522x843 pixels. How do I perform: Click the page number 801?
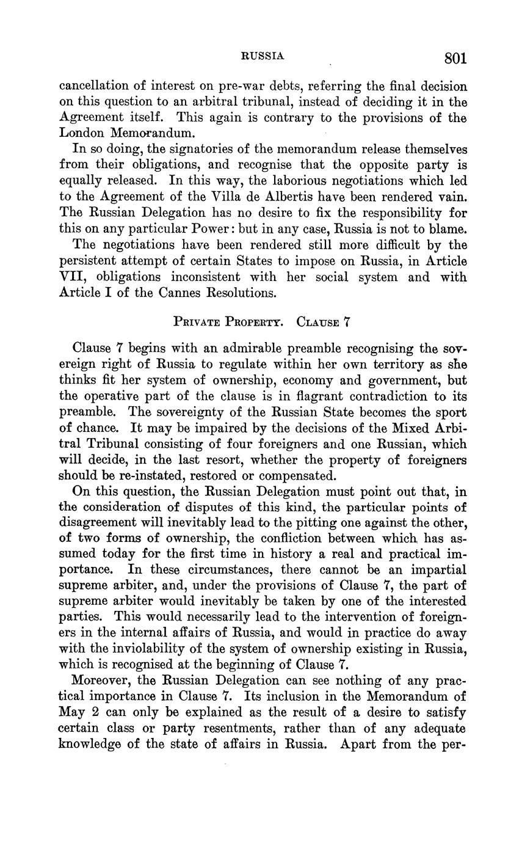[455, 58]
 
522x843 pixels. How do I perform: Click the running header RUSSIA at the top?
[263, 56]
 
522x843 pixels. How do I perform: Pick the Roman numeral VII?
[74, 276]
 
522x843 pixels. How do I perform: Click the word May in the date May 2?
[71, 713]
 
